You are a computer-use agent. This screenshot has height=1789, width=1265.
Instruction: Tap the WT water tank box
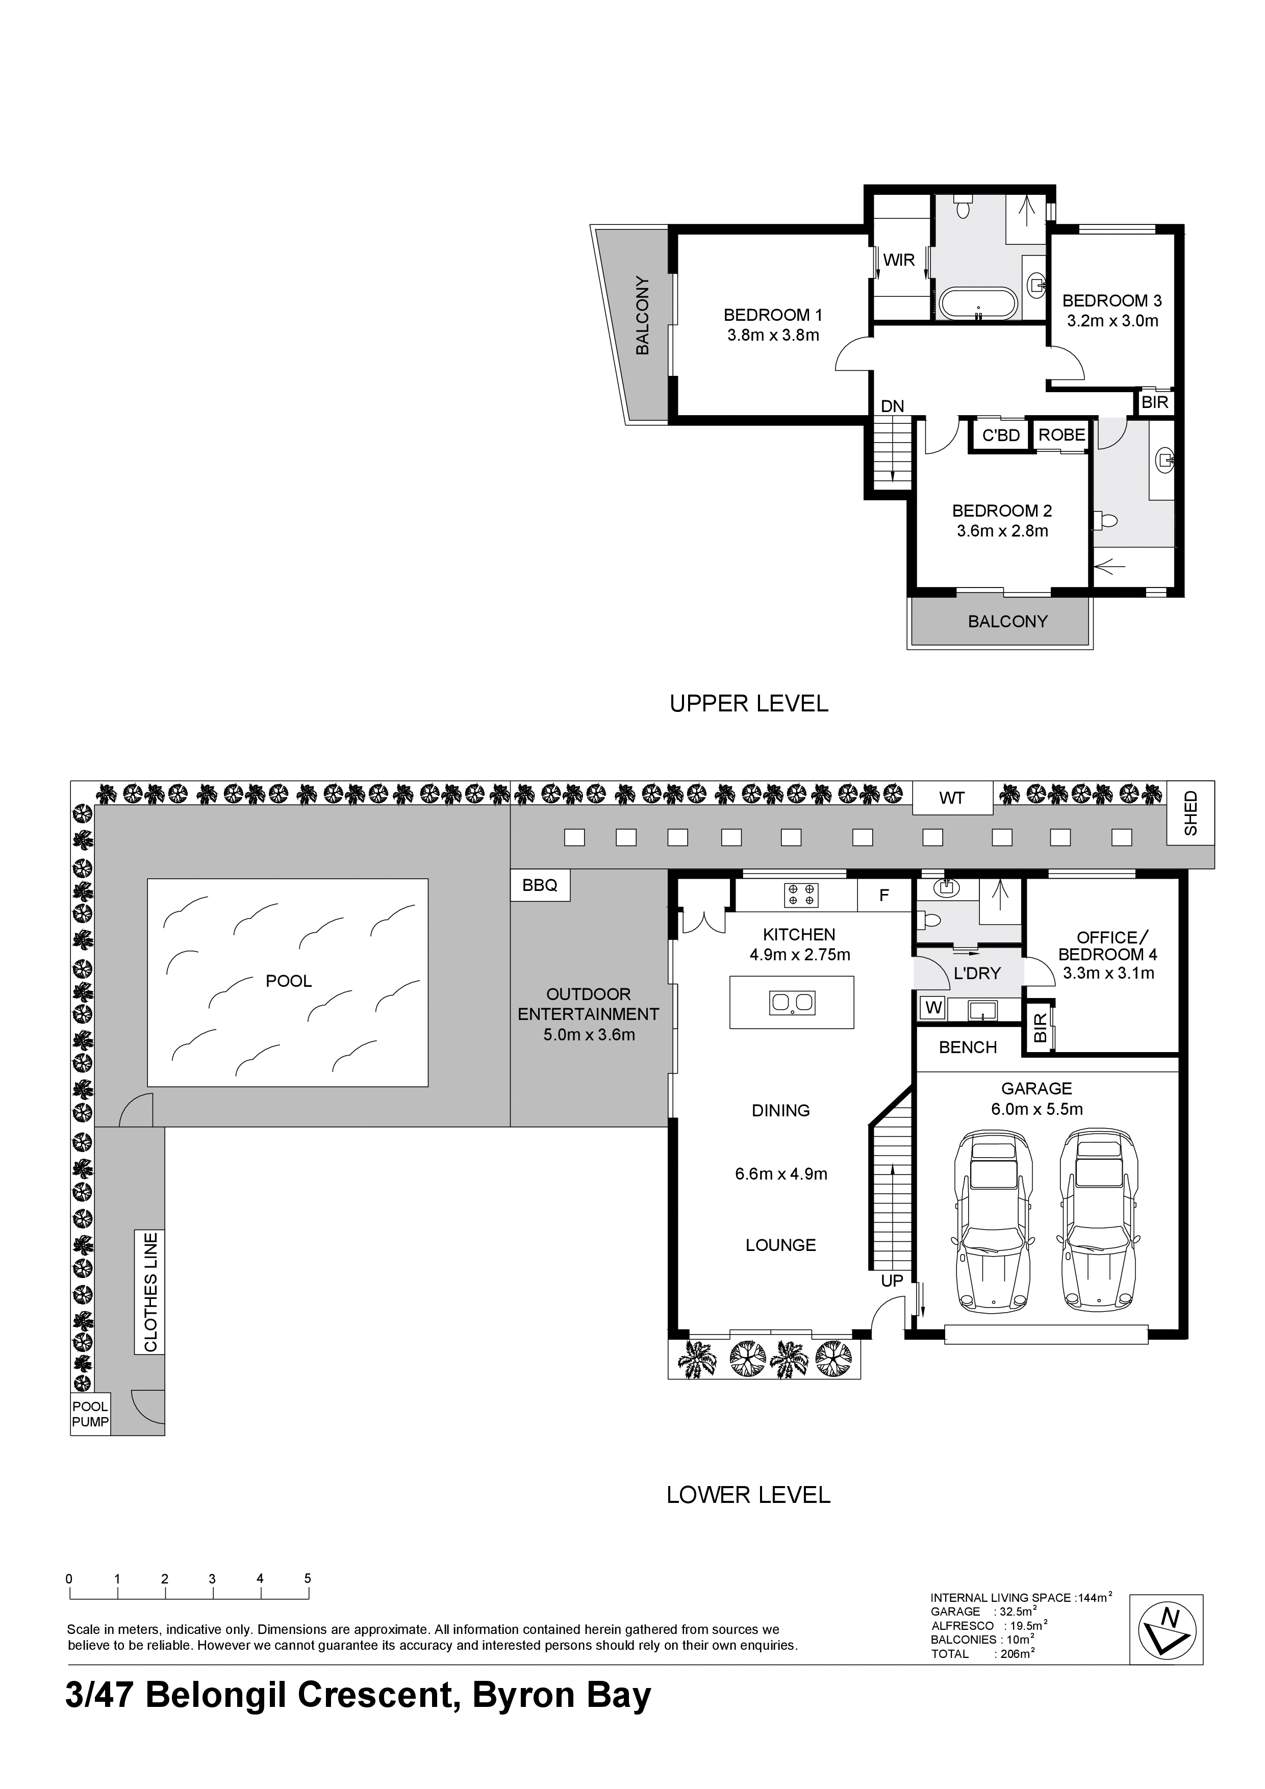(952, 798)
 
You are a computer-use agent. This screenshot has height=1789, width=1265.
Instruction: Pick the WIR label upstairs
(899, 260)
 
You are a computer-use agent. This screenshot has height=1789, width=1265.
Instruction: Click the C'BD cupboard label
(1001, 436)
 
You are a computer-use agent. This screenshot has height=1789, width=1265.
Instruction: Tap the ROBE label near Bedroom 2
(1061, 435)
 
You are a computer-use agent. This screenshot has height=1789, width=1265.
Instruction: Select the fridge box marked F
(884, 896)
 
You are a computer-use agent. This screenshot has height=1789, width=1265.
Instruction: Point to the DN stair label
(893, 406)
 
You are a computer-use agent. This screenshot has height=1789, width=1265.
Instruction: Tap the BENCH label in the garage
(968, 1047)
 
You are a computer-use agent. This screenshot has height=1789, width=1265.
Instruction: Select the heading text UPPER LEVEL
(749, 704)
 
